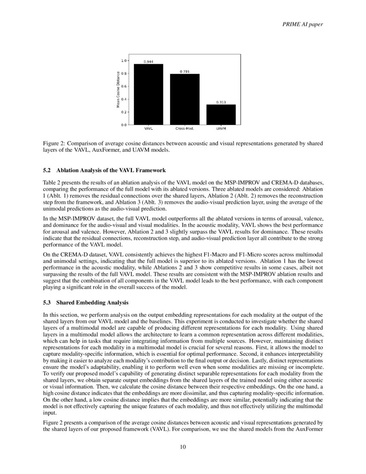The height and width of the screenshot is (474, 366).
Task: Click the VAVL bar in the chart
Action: click(x=148, y=94)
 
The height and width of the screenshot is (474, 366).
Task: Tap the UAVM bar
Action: click(x=221, y=115)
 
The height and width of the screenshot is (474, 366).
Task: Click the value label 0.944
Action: click(x=148, y=62)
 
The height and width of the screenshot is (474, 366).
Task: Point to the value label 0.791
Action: click(x=184, y=72)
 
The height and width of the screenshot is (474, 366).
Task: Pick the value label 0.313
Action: click(x=221, y=102)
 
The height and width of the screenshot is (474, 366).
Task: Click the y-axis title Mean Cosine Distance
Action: click(x=118, y=92)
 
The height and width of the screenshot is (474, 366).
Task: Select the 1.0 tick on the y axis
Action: click(x=124, y=60)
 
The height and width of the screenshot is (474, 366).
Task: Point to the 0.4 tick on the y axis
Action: click(x=124, y=99)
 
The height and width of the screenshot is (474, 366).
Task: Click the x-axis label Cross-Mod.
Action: click(x=184, y=129)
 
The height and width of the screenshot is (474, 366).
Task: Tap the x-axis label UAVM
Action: click(x=221, y=129)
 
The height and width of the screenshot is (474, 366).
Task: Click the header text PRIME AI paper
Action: click(x=301, y=24)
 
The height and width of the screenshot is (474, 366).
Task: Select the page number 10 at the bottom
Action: click(x=183, y=447)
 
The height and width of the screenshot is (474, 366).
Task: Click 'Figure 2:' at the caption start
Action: click(x=55, y=143)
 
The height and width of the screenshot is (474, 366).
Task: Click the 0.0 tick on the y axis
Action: click(x=124, y=125)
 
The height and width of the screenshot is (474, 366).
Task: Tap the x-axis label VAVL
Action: click(x=148, y=129)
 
